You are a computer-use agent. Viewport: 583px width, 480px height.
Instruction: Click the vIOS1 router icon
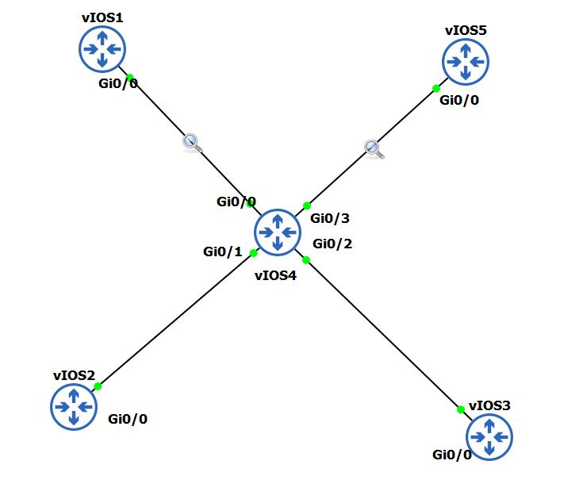102,49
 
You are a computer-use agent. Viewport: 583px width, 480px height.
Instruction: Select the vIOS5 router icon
466,61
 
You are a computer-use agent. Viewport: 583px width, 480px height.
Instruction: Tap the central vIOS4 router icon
278,232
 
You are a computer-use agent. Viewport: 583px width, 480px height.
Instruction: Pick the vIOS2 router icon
74,406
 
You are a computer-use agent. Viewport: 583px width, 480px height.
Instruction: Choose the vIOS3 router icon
489,436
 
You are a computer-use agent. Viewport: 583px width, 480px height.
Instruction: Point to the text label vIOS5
466,30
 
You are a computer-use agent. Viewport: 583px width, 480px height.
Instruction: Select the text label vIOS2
74,375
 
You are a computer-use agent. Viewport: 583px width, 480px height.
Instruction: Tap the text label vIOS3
489,405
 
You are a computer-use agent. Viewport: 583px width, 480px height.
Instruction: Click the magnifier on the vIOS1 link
192,143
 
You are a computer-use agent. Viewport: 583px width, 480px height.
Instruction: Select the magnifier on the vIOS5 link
374,148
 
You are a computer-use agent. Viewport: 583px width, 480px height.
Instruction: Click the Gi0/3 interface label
330,218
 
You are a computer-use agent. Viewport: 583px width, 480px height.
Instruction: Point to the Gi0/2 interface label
332,244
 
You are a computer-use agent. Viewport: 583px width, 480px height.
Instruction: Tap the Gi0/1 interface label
223,252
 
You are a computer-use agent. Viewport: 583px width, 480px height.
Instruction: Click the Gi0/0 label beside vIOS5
459,100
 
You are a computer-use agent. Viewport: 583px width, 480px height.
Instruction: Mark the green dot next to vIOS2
98,386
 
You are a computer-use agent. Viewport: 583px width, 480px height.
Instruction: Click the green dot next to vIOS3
460,409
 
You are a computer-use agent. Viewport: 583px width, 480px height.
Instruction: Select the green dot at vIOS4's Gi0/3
307,205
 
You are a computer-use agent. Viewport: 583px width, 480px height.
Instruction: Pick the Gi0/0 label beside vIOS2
128,419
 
